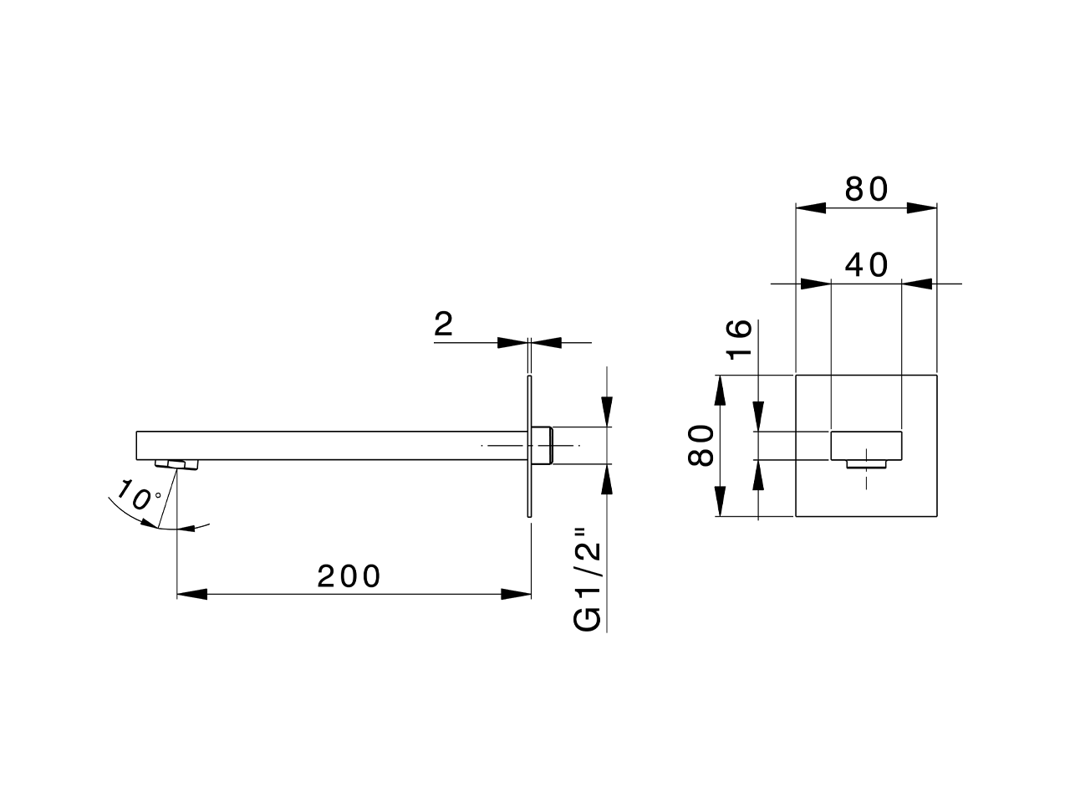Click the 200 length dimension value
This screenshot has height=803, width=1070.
(x=349, y=575)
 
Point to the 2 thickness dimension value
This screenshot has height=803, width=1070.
(x=444, y=324)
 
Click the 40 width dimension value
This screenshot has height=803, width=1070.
(x=866, y=265)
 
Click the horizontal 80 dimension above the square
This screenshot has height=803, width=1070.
(x=866, y=190)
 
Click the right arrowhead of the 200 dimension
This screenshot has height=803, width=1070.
(x=517, y=594)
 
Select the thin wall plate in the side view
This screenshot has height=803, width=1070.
(x=530, y=446)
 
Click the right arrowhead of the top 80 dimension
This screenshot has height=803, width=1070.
(x=921, y=207)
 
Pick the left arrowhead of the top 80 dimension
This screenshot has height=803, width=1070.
(x=810, y=207)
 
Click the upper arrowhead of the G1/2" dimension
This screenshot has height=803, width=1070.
(x=609, y=414)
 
